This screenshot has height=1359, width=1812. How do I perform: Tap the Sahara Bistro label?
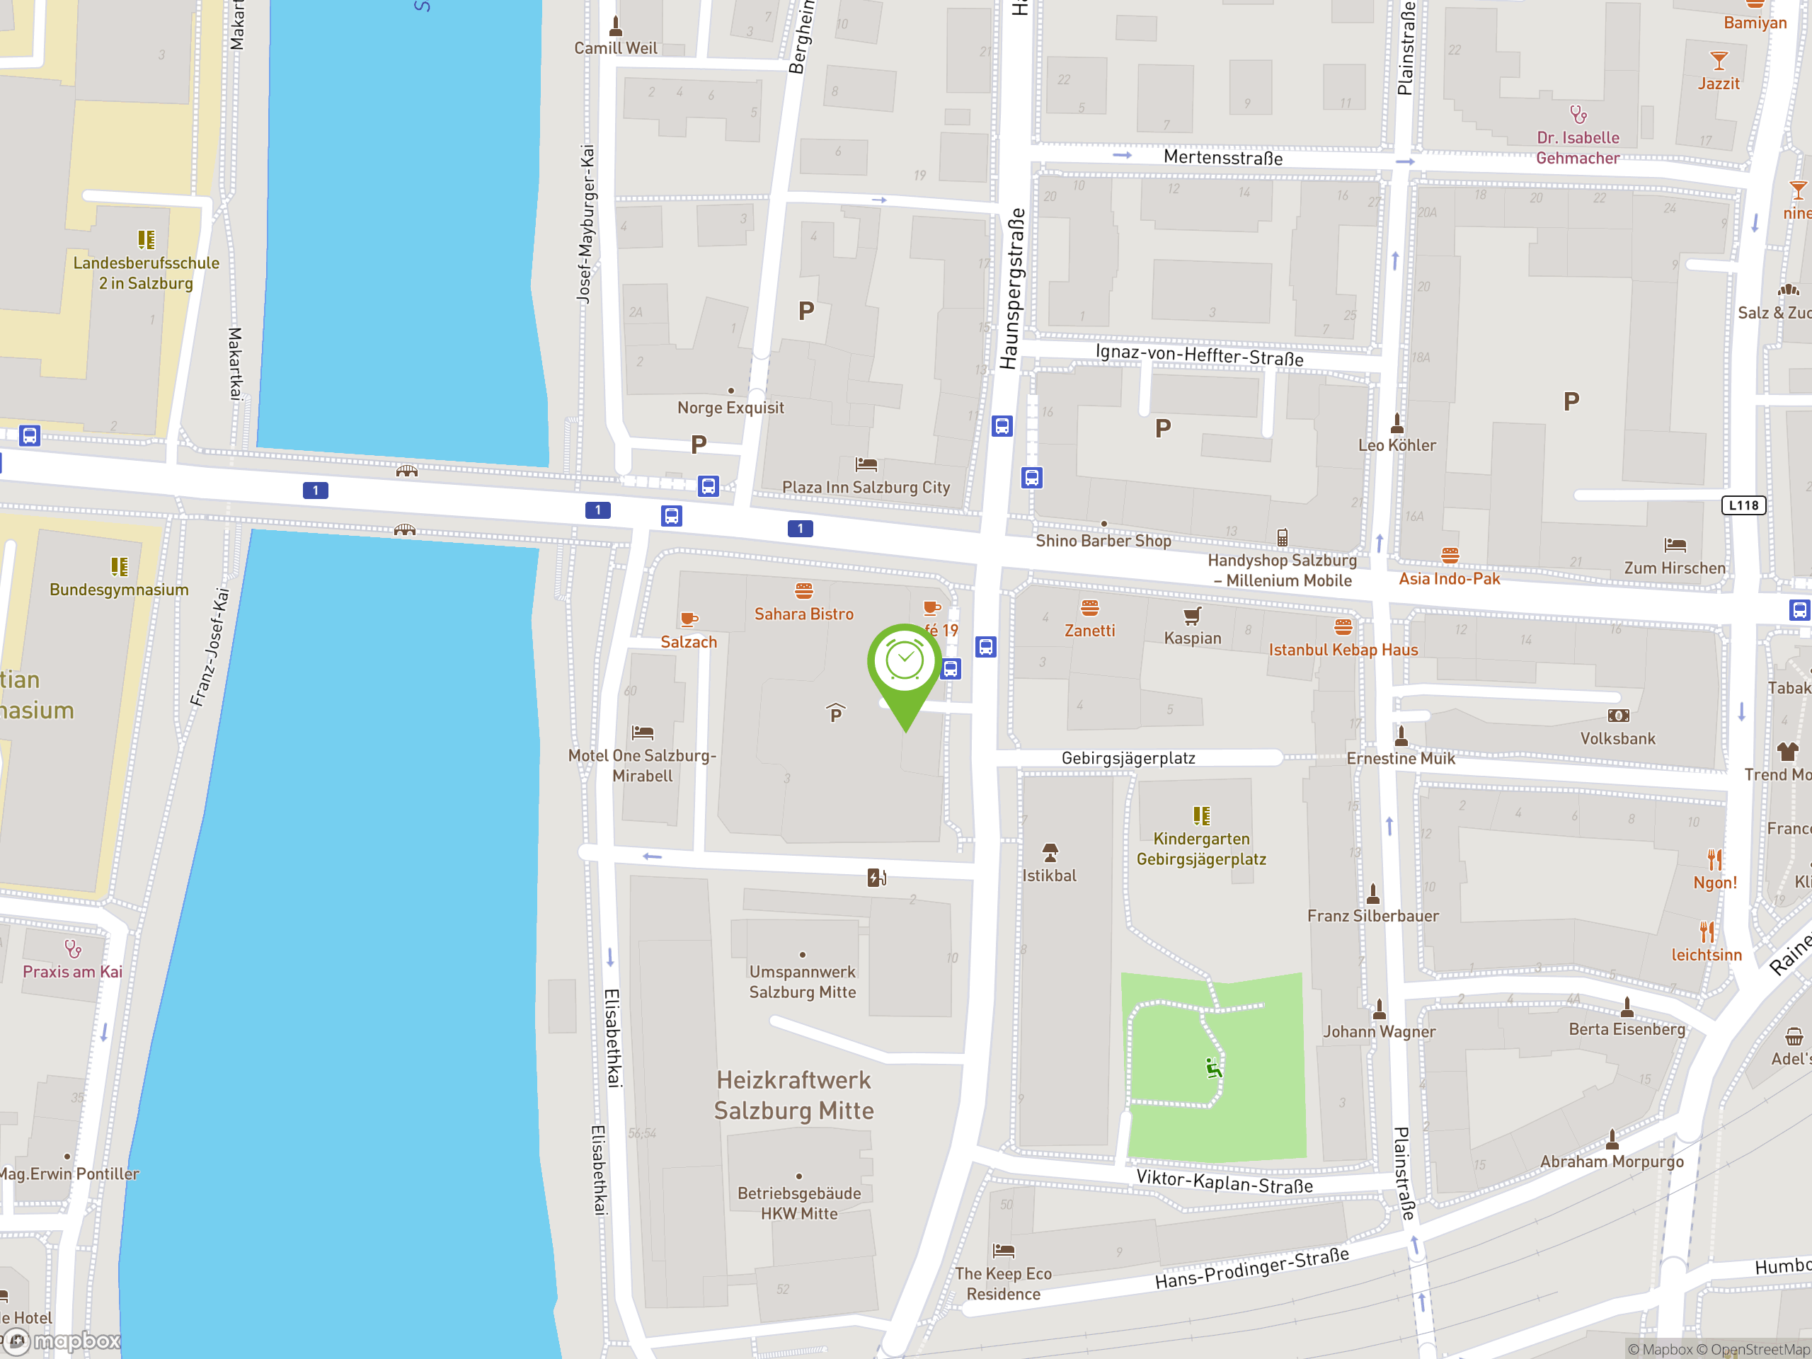point(803,614)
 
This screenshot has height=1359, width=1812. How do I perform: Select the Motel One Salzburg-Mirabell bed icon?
point(642,733)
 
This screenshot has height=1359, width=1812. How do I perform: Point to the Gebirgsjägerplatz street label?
point(1128,759)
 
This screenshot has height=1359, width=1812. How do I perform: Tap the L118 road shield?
point(1743,505)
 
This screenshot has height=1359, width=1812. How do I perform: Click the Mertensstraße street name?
point(1222,157)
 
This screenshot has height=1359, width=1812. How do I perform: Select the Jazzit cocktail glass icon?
point(1719,61)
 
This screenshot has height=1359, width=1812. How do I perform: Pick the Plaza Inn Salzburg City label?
point(866,488)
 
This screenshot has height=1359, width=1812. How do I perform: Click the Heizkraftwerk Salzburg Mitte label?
point(793,1095)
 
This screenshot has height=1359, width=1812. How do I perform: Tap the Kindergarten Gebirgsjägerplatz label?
point(1201,849)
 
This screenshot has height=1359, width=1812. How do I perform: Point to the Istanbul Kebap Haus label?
point(1343,650)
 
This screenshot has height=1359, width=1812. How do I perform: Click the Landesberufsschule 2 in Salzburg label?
point(146,273)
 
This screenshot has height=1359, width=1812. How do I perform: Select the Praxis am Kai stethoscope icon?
point(73,948)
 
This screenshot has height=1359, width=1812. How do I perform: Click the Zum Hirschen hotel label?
point(1675,568)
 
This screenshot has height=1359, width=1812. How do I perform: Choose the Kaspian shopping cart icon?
point(1193,615)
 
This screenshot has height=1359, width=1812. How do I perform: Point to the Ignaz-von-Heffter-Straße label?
point(1199,355)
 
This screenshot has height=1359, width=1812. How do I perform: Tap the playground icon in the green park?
point(1213,1067)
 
